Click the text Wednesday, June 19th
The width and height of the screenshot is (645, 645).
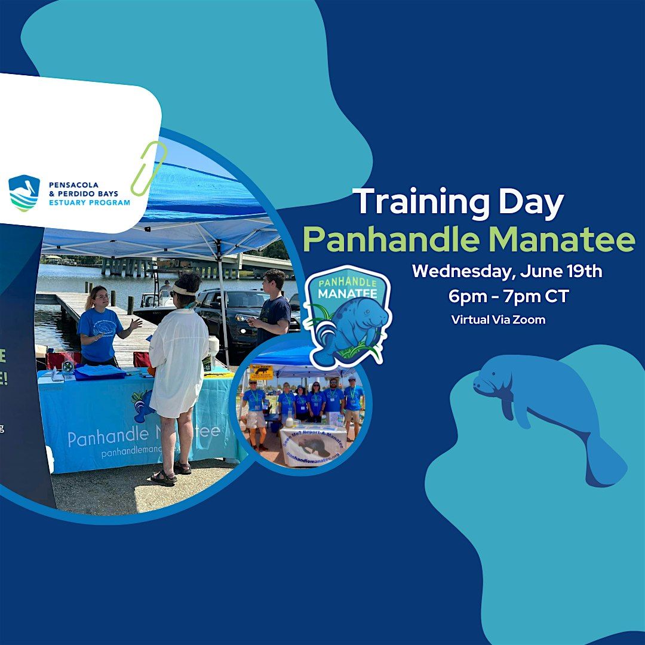click(507, 271)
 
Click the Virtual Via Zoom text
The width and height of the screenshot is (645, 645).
click(498, 320)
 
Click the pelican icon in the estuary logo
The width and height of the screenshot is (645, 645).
click(24, 193)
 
